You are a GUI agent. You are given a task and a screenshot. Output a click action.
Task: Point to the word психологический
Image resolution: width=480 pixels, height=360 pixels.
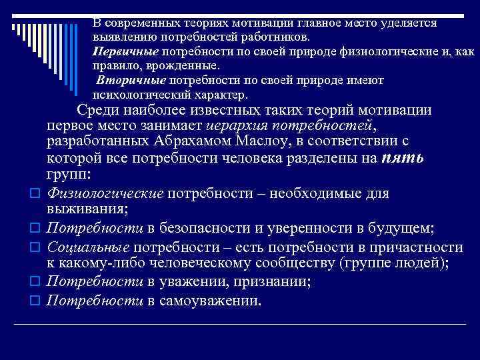[x=133, y=95]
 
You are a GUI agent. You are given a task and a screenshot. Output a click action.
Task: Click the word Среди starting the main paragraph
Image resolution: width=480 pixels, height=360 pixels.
[x=98, y=111]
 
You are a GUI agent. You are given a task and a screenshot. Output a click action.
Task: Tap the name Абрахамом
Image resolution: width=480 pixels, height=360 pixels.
[x=173, y=143]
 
